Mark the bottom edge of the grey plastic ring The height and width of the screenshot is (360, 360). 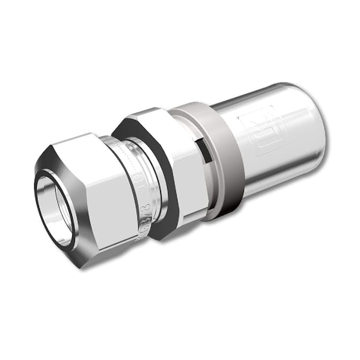(214, 217)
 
